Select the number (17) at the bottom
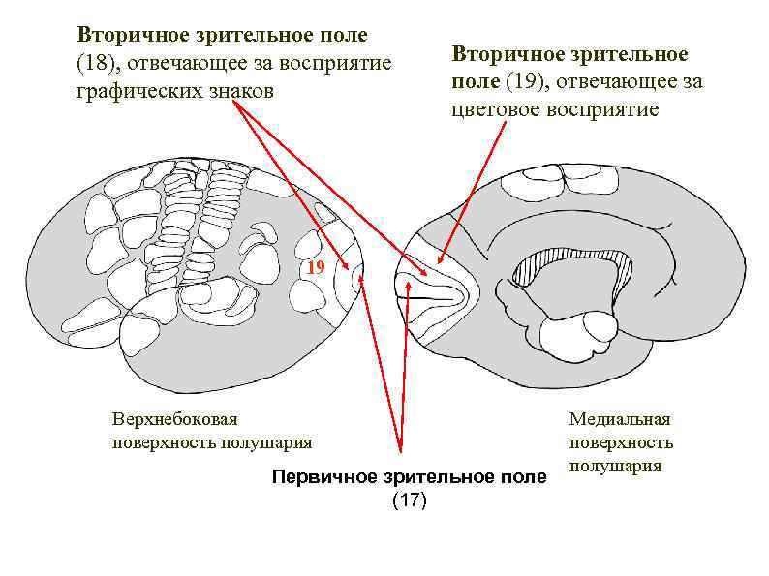(408, 500)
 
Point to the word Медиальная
(620, 419)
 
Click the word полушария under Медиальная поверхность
(615, 466)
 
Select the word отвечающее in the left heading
(180, 64)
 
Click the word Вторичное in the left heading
(130, 36)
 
